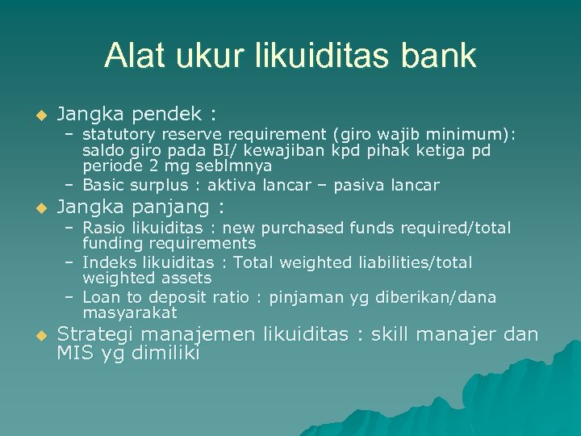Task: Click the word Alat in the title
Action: (x=131, y=56)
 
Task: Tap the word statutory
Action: (x=117, y=135)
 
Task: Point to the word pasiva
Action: (x=356, y=185)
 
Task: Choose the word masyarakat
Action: (x=130, y=312)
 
